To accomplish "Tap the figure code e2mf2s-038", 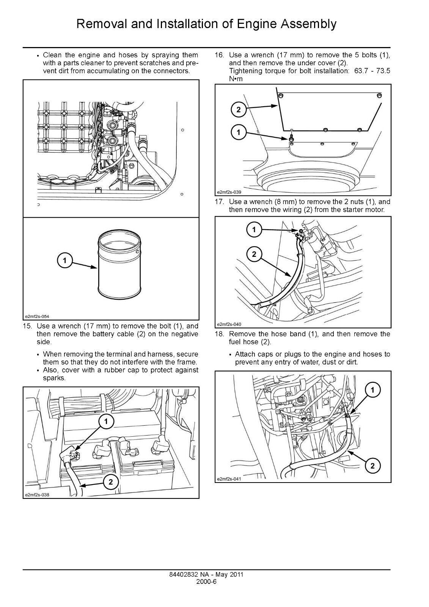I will pyautogui.click(x=37, y=495).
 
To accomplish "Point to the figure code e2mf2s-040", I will pyautogui.click(x=229, y=324).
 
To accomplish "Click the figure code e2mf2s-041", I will pyautogui.click(x=229, y=479).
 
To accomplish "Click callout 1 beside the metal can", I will pyautogui.click(x=65, y=260).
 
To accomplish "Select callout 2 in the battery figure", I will pyautogui.click(x=111, y=482).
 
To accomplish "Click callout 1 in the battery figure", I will pyautogui.click(x=106, y=421).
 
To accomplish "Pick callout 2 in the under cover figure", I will pyautogui.click(x=239, y=110).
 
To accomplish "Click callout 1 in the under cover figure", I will pyautogui.click(x=239, y=132).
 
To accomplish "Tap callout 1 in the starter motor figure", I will pyautogui.click(x=254, y=229).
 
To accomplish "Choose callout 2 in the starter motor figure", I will pyautogui.click(x=254, y=254).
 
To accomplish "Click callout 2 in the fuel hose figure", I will pyautogui.click(x=372, y=466).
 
